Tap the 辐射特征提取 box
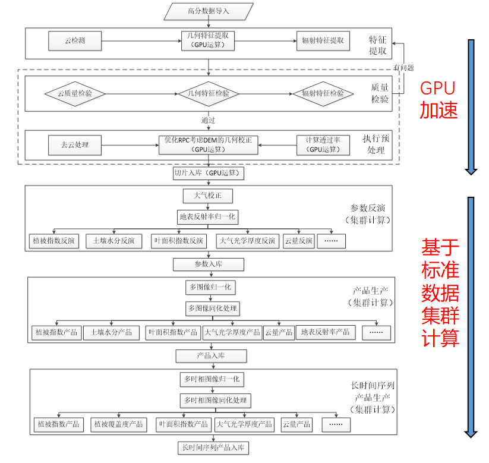[323, 41]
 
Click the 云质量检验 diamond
[75, 93]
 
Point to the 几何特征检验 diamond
[204, 93]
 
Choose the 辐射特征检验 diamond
[323, 93]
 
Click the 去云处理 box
[75, 144]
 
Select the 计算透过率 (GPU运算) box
[323, 144]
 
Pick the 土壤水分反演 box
[113, 241]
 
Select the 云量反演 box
[298, 241]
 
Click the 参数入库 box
[208, 263]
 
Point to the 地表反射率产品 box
[325, 332]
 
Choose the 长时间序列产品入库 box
[213, 447]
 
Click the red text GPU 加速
[438, 99]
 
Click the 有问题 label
[403, 68]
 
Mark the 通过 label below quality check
[208, 120]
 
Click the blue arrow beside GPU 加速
[471, 106]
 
